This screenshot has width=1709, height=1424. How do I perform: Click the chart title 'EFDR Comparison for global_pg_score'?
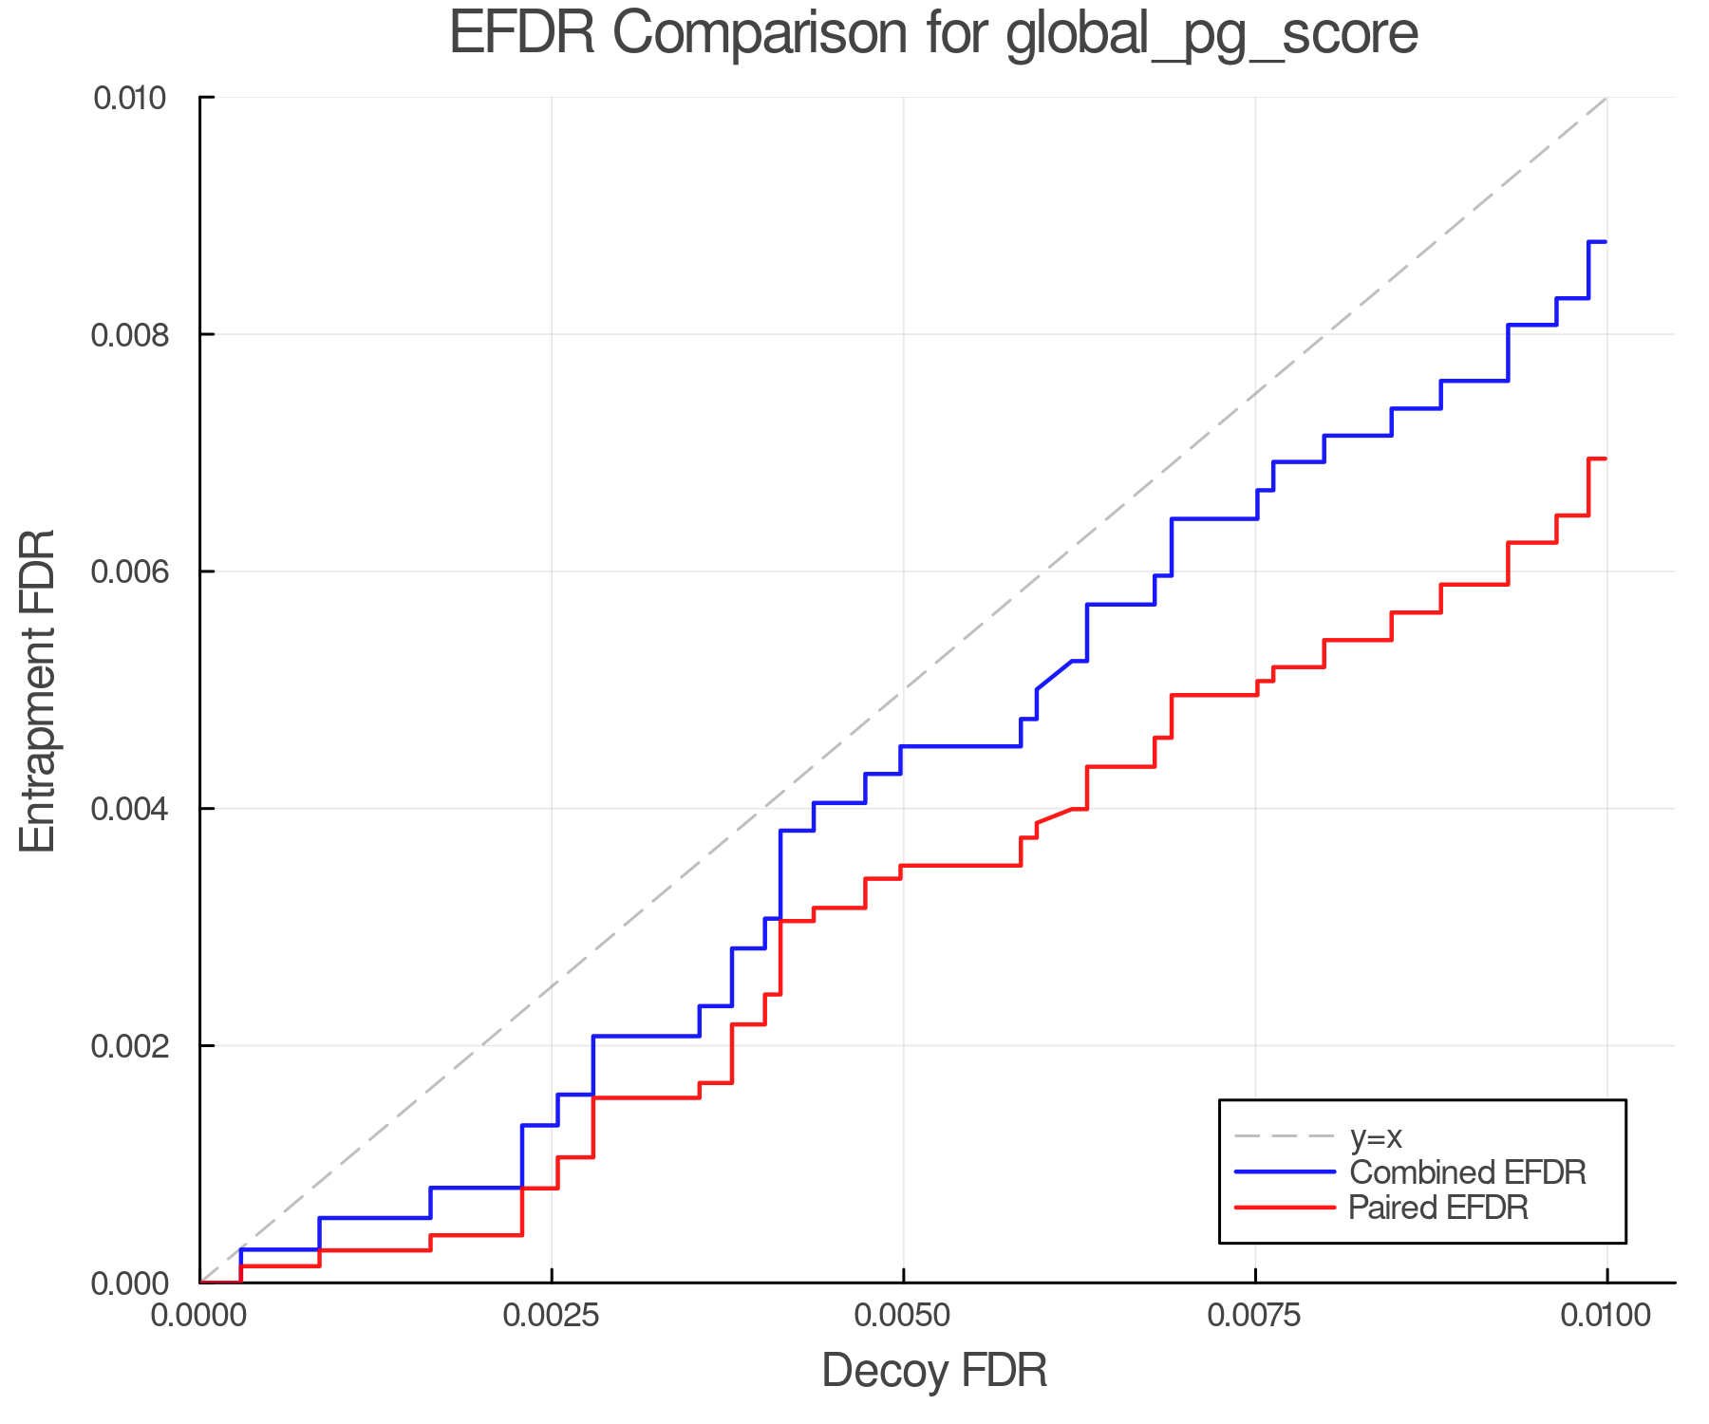click(933, 34)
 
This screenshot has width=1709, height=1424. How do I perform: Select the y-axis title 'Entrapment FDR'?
click(38, 690)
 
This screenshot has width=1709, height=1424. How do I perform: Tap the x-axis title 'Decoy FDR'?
click(934, 1371)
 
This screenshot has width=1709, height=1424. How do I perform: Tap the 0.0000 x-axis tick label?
click(200, 1316)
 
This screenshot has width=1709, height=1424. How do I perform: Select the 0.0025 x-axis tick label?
click(552, 1316)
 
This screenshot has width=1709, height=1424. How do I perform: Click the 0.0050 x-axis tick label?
click(903, 1316)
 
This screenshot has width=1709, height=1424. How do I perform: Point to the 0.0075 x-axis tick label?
click(1255, 1316)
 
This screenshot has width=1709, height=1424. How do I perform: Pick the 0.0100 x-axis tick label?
click(1606, 1316)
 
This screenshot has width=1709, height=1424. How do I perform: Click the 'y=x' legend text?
click(1376, 1136)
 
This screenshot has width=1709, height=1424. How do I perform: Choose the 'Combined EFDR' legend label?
click(1468, 1172)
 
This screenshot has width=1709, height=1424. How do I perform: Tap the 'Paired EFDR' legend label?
click(1438, 1208)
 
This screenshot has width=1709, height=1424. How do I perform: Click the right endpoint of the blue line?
click(1606, 242)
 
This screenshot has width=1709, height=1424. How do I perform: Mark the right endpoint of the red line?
click(1606, 459)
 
